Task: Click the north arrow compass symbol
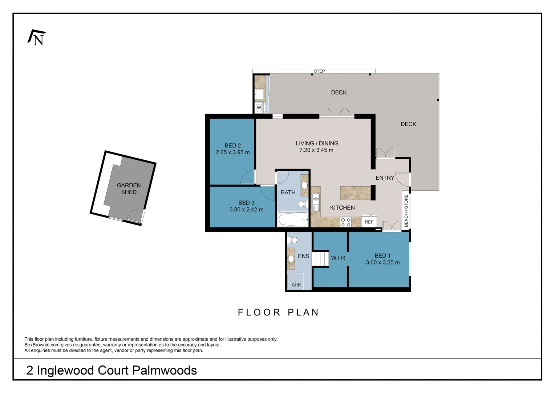pyautogui.click(x=37, y=38)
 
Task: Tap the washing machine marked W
pyautogui.click(x=259, y=107)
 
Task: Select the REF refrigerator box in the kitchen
pyautogui.click(x=369, y=222)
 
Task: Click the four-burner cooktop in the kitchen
pyautogui.click(x=346, y=222)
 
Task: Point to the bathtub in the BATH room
pyautogui.click(x=293, y=219)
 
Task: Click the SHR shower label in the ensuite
pyautogui.click(x=296, y=285)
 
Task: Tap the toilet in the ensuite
pyautogui.click(x=292, y=240)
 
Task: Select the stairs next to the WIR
pyautogui.click(x=320, y=259)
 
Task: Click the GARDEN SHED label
pyautogui.click(x=129, y=189)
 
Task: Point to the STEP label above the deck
pyautogui.click(x=319, y=71)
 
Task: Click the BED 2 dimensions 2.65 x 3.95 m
pyautogui.click(x=233, y=152)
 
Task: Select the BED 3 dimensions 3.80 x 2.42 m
pyautogui.click(x=246, y=210)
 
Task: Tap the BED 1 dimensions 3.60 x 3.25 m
pyautogui.click(x=383, y=262)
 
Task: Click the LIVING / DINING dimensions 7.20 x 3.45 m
pyautogui.click(x=316, y=150)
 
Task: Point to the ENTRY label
pyautogui.click(x=385, y=178)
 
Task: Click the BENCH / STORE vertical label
pyautogui.click(x=406, y=211)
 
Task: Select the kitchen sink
pyautogui.click(x=315, y=202)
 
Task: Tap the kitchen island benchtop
pyautogui.click(x=355, y=193)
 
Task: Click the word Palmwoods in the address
pyautogui.click(x=165, y=370)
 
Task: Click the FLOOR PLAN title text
pyautogui.click(x=278, y=312)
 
